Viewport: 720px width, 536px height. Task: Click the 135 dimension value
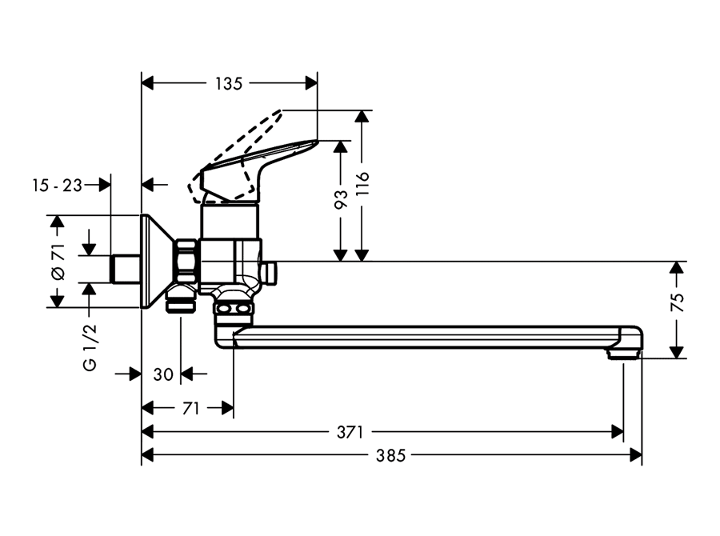point(229,83)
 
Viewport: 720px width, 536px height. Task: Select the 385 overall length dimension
point(390,456)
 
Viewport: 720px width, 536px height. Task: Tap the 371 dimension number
point(350,432)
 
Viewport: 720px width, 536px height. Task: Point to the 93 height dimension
point(341,199)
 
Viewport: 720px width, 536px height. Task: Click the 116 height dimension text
point(362,184)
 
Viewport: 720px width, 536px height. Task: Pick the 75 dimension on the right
point(678,302)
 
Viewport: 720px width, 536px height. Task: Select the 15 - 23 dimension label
point(58,186)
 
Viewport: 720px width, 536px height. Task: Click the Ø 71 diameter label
point(58,262)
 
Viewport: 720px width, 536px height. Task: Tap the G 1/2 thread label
point(90,346)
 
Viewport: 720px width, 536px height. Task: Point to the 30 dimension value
point(163,374)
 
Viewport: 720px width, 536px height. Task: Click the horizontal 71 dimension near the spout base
point(190,408)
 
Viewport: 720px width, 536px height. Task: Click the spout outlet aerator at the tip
point(623,354)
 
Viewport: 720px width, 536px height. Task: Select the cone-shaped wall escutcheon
point(158,262)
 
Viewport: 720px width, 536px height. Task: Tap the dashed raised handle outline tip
point(280,112)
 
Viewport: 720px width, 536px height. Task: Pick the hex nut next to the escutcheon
point(187,262)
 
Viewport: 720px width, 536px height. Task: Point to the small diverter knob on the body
point(270,274)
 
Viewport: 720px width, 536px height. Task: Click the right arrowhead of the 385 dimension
point(636,456)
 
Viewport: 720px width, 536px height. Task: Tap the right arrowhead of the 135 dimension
point(311,83)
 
